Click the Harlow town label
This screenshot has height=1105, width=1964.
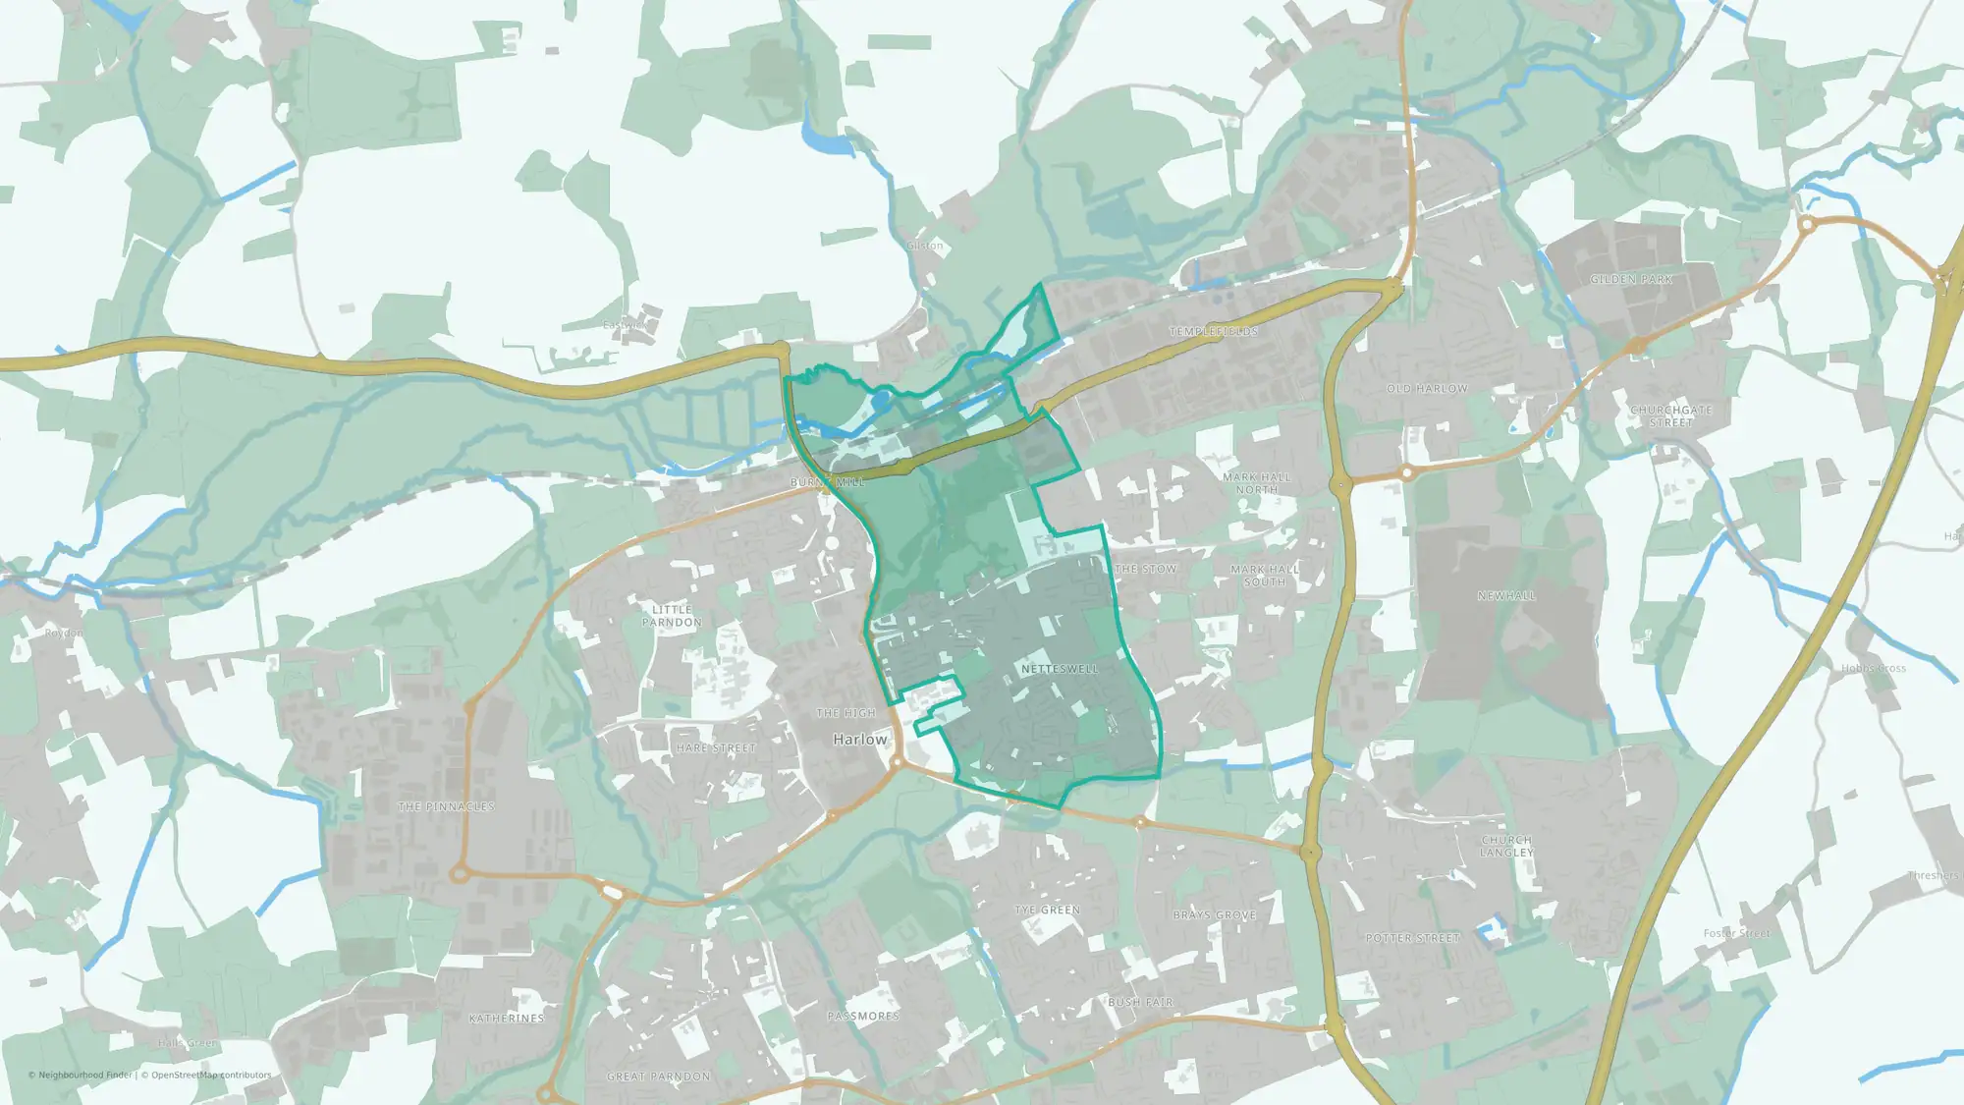859,739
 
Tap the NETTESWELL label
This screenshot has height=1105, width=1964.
1060,669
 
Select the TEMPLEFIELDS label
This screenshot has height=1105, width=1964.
1213,332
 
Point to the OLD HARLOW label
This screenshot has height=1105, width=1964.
1427,389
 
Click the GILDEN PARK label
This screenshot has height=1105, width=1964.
1631,280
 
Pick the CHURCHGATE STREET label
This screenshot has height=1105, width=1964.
1670,416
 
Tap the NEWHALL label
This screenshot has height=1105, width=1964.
1505,596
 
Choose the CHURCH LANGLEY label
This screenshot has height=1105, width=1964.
1506,847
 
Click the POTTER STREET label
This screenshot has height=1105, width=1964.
1412,939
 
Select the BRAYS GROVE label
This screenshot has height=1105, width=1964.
1215,914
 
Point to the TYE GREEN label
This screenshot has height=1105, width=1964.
1047,911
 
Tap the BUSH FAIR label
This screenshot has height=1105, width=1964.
1140,1003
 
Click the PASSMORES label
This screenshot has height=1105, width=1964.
863,1017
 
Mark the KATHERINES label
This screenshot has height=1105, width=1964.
507,1019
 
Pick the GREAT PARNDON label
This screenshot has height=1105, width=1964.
658,1077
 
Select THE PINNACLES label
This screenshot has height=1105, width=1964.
446,807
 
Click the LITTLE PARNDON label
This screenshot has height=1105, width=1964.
672,616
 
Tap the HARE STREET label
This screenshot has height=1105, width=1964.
716,748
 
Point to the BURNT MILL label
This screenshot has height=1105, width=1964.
827,482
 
